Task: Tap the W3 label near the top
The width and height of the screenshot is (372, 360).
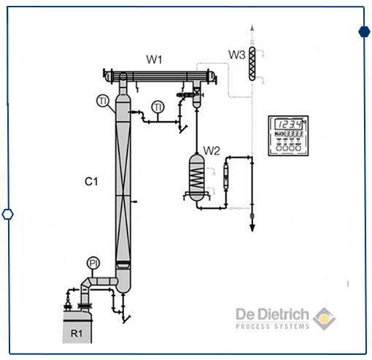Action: point(236,55)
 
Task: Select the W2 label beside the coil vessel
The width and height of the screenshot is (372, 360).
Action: point(212,151)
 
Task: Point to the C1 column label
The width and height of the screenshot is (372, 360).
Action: point(91,179)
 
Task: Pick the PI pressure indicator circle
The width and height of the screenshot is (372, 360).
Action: point(93,263)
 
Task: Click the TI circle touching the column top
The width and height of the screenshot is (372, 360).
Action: point(104,100)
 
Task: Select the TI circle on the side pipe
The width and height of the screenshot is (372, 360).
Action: point(158,108)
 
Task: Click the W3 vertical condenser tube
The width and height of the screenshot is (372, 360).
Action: point(251,64)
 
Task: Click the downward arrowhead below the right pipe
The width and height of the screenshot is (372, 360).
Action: point(252,227)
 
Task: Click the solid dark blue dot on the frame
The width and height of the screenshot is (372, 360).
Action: point(363,31)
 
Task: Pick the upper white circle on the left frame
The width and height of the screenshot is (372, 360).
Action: point(12,66)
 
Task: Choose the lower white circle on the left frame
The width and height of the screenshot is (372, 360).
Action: point(8,214)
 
